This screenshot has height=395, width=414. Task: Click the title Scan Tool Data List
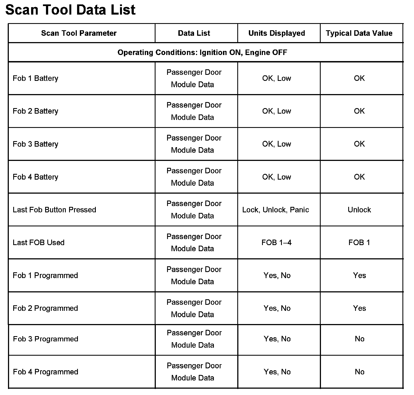(70, 10)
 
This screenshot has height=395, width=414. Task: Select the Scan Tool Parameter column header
(79, 33)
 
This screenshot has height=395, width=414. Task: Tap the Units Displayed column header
(277, 33)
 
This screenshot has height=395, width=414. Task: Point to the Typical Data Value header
(359, 33)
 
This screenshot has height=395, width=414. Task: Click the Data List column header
(194, 33)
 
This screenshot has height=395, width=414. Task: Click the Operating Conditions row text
(202, 52)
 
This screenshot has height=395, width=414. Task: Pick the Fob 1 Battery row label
(36, 78)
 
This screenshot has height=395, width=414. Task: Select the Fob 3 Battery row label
(36, 144)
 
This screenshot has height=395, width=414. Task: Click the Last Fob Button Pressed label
(55, 210)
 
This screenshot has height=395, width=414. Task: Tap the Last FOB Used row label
(39, 243)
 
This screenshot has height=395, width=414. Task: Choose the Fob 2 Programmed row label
(45, 308)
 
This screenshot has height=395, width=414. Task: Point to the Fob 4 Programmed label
(46, 372)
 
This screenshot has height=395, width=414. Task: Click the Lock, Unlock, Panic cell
(276, 210)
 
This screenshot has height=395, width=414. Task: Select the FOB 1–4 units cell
(276, 243)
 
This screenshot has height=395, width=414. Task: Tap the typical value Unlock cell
(359, 210)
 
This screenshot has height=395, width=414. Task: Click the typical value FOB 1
(359, 243)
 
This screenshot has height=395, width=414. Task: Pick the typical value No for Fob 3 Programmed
(359, 339)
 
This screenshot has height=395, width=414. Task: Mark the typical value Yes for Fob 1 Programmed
(359, 276)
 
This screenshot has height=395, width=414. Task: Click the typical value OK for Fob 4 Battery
(359, 177)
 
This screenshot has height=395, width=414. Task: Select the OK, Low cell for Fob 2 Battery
(276, 111)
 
